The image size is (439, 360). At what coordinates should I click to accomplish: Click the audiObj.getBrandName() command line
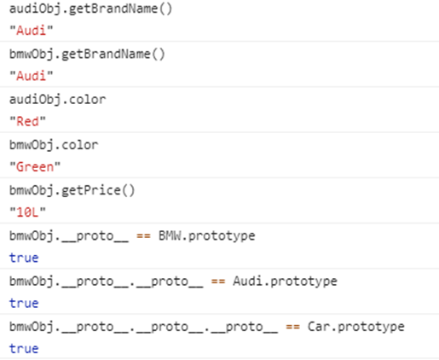coord(90,9)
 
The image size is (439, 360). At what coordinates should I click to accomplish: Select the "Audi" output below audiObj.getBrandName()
coord(32,31)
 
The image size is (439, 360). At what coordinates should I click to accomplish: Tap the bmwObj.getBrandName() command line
coord(87,55)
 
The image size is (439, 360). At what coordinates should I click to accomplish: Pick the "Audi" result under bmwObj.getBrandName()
coord(32,76)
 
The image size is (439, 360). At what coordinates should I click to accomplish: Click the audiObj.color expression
coord(58,100)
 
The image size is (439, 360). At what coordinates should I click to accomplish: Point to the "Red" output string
coord(27,121)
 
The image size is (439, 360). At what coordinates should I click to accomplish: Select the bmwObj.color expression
coord(54,145)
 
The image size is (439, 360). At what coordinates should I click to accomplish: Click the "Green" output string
coord(35,167)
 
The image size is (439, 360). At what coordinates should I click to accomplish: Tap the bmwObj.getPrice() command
coord(72,191)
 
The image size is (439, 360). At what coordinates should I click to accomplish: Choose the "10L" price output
coord(27,212)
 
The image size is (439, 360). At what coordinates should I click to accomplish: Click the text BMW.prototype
coord(207,236)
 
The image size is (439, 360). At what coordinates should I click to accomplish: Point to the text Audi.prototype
coord(285,282)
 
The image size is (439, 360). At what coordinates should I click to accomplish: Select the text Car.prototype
coord(356,328)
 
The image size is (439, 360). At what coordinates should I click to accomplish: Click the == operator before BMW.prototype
coord(143,236)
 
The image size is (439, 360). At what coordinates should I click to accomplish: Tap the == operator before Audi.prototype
coord(218,282)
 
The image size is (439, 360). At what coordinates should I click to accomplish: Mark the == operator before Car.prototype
coord(293,328)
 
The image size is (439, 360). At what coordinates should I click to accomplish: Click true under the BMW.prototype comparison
coord(24,258)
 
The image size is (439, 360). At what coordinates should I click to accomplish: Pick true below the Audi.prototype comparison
coord(24,304)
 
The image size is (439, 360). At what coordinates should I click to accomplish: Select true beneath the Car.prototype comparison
coord(24,349)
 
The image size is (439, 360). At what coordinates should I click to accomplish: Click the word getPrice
coord(91,191)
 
